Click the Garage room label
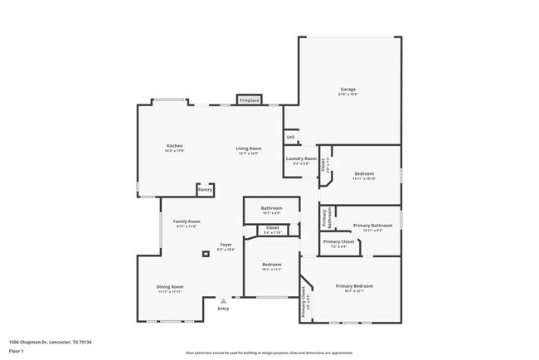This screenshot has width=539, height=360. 348,90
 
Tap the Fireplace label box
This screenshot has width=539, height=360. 250,100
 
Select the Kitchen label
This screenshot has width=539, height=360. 174,146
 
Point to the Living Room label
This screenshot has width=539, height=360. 249,148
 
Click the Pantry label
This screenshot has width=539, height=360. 205,190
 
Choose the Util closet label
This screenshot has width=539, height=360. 290,137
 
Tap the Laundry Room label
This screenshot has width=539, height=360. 301,158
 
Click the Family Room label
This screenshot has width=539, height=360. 187,221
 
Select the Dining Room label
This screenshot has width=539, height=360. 170,287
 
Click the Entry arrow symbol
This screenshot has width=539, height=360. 222,301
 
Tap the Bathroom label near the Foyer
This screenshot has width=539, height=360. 272,208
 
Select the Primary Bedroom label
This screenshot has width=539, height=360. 354,286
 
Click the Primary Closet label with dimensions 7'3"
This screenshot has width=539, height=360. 338,242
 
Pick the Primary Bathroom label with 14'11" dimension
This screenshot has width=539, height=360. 372,226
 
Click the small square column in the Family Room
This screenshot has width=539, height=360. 205,252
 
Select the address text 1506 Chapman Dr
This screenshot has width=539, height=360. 50,342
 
